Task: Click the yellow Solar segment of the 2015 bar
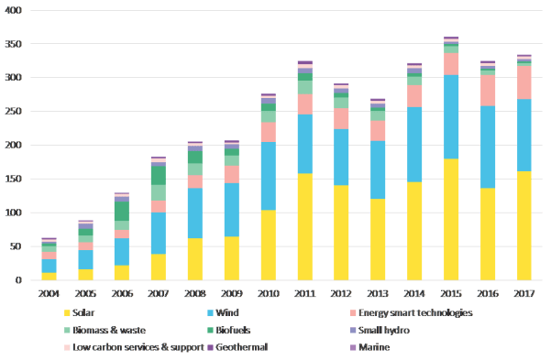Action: tap(451, 220)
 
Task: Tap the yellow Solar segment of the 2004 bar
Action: tap(49, 276)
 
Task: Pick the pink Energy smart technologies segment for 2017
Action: tap(523, 82)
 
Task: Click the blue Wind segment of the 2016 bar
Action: tap(488, 147)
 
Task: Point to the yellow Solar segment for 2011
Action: tap(304, 226)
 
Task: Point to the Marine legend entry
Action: tap(376, 346)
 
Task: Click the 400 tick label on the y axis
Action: tap(13, 10)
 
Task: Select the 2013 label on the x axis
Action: tap(378, 293)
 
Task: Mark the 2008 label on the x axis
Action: tap(195, 293)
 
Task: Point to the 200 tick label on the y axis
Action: tap(13, 145)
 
